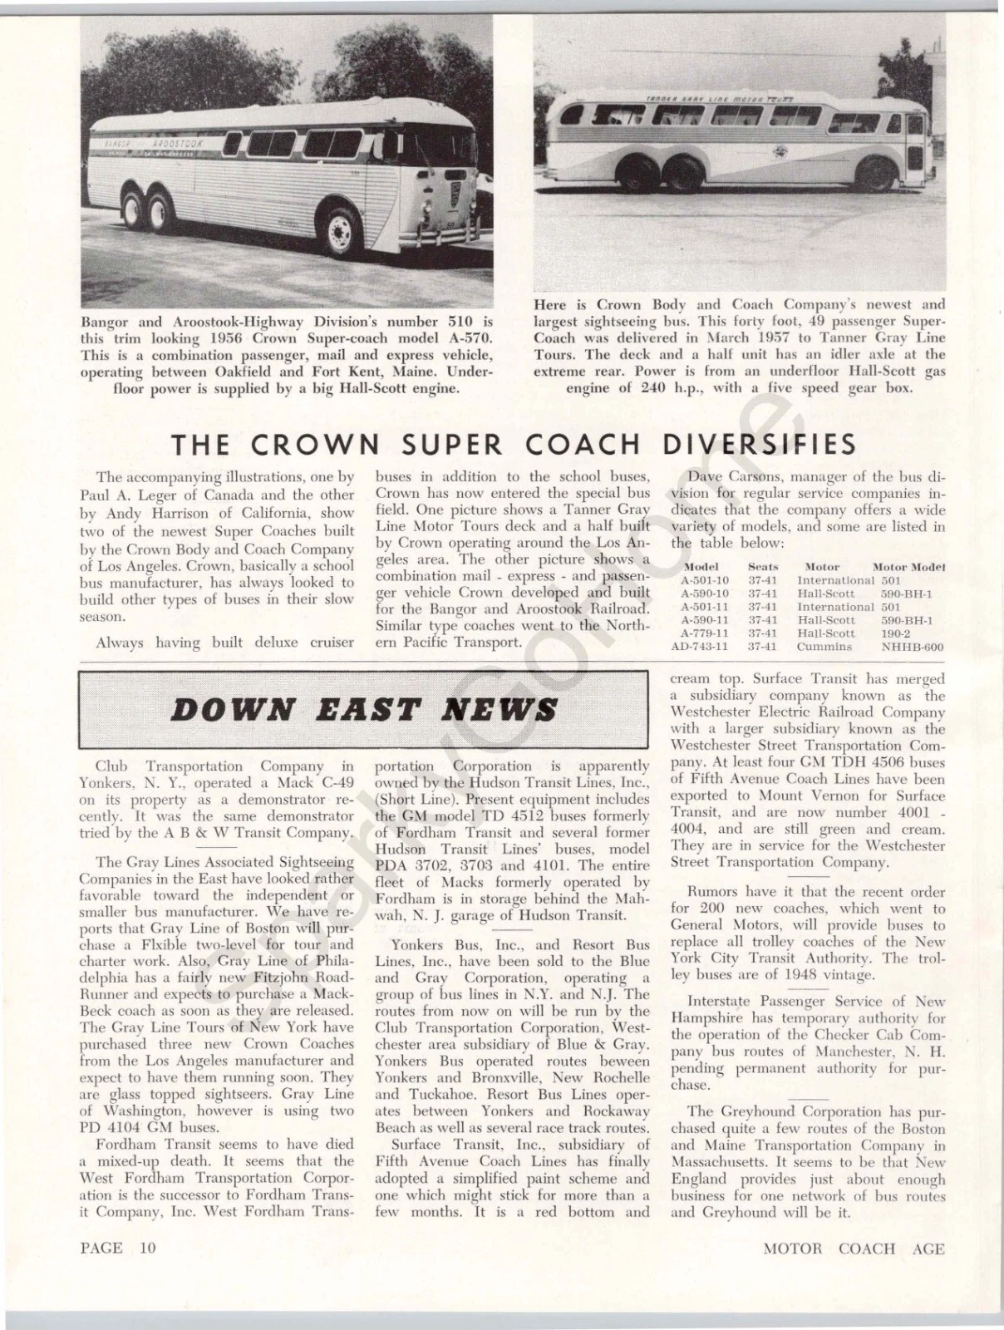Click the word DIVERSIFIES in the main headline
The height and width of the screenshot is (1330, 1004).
[x=759, y=445]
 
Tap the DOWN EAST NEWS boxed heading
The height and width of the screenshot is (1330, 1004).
[x=363, y=710]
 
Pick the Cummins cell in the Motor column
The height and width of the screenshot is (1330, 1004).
[x=824, y=647]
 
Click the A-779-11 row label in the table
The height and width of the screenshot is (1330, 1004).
[x=705, y=633]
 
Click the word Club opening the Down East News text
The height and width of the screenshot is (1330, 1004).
[x=112, y=766]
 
